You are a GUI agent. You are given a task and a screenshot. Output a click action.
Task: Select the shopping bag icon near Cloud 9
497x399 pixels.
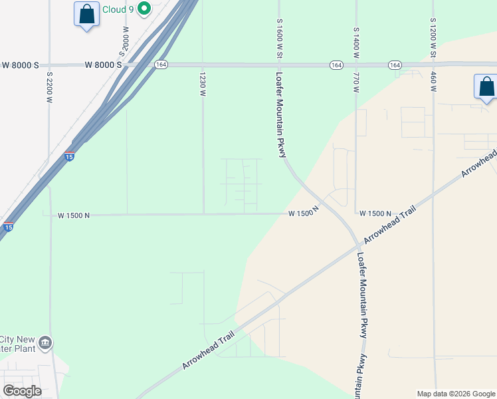click(x=87, y=14)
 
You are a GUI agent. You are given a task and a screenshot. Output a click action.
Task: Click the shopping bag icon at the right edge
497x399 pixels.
click(x=486, y=87)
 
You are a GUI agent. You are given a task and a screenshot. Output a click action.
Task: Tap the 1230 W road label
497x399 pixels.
click(x=203, y=84)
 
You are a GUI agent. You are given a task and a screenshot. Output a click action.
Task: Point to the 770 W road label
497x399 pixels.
click(x=356, y=80)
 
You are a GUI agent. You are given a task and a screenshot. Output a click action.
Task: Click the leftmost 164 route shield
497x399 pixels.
click(x=161, y=65)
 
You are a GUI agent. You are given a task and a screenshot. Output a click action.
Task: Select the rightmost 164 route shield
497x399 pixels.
click(x=395, y=65)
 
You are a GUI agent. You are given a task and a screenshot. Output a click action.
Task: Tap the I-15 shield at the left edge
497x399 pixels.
click(x=8, y=227)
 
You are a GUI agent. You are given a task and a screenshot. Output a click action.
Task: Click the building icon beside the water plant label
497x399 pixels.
click(x=45, y=343)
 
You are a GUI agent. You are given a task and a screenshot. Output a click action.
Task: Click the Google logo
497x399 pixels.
click(x=23, y=390)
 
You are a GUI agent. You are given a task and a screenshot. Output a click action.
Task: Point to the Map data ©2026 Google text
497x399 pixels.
click(x=454, y=394)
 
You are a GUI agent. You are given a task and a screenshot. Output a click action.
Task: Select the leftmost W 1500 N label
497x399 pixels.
click(x=74, y=215)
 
